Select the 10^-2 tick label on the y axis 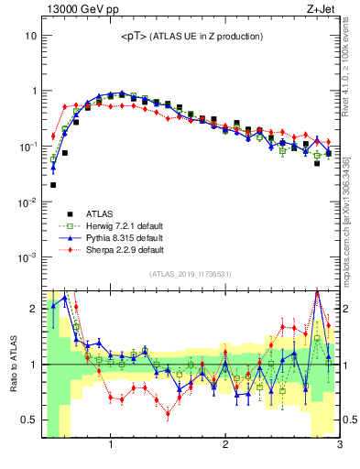coord(27,202)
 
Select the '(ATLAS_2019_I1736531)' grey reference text coord(191,274)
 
